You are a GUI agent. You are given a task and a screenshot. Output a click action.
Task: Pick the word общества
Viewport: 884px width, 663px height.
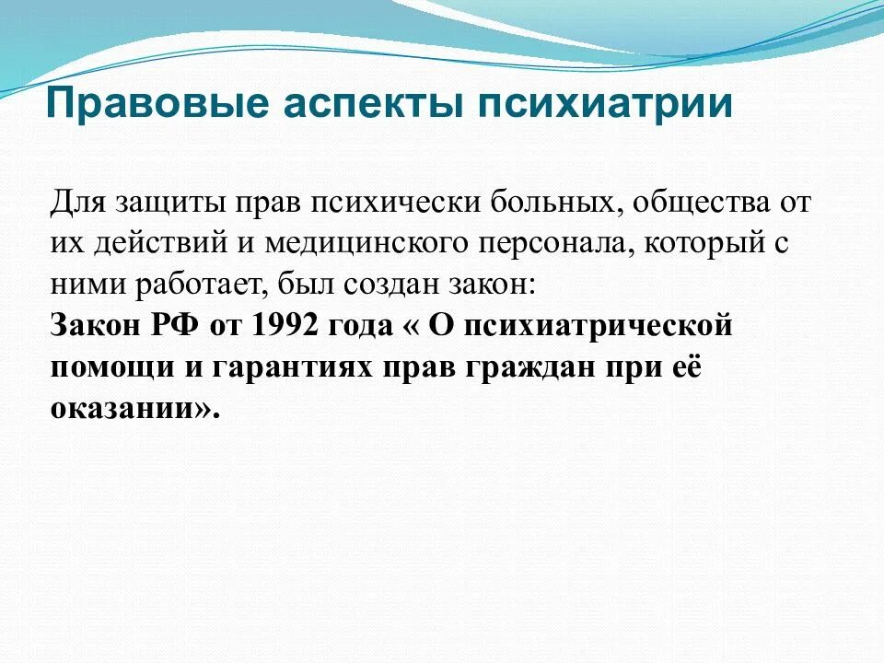(x=692, y=203)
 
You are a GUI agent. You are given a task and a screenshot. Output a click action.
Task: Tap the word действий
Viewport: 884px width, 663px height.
(x=166, y=244)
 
